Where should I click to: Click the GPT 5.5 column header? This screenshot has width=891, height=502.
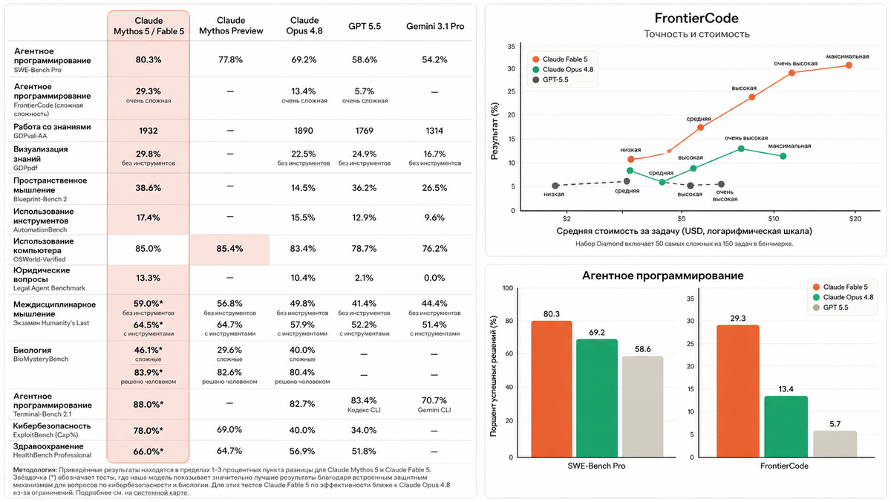[365, 26]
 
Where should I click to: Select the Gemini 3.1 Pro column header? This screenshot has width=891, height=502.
[435, 26]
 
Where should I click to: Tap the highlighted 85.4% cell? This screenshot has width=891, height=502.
[229, 249]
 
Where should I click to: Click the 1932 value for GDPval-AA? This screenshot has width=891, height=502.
[148, 131]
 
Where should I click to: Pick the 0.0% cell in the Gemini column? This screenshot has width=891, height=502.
[434, 278]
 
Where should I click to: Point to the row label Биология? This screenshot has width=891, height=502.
[32, 350]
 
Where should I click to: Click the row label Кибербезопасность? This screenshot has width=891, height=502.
[52, 426]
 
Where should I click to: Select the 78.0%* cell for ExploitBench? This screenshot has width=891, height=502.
[148, 431]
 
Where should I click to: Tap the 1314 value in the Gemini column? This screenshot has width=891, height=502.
[434, 131]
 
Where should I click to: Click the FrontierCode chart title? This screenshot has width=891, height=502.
[696, 19]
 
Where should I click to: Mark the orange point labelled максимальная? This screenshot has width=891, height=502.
[849, 65]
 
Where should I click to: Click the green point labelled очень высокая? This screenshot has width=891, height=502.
[741, 149]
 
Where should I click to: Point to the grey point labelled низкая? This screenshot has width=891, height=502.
[555, 186]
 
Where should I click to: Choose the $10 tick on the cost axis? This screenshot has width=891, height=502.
[773, 218]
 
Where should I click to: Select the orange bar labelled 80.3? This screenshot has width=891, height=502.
[551, 389]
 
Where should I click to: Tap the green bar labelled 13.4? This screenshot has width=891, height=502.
[786, 427]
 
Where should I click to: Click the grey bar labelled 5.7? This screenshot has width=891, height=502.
[835, 444]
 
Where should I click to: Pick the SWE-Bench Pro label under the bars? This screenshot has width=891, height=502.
[596, 466]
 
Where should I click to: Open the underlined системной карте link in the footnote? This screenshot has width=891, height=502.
[160, 493]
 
